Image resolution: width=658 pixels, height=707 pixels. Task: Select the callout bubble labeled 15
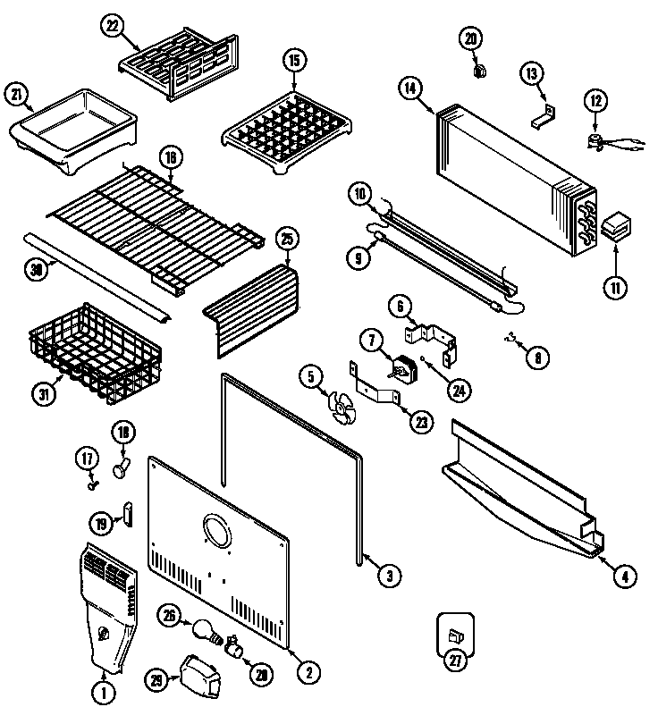(x=293, y=62)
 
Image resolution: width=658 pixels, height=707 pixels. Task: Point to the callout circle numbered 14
(x=410, y=88)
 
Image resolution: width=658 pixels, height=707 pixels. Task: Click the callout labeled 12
(x=595, y=101)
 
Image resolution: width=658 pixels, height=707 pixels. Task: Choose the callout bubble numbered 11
(x=617, y=287)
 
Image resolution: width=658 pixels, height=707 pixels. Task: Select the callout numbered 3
(x=386, y=577)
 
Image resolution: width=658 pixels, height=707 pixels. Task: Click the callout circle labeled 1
(x=105, y=689)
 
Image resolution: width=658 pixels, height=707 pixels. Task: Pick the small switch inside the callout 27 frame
(x=455, y=635)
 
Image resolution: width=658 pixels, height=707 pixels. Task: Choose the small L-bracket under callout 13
(x=544, y=114)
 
